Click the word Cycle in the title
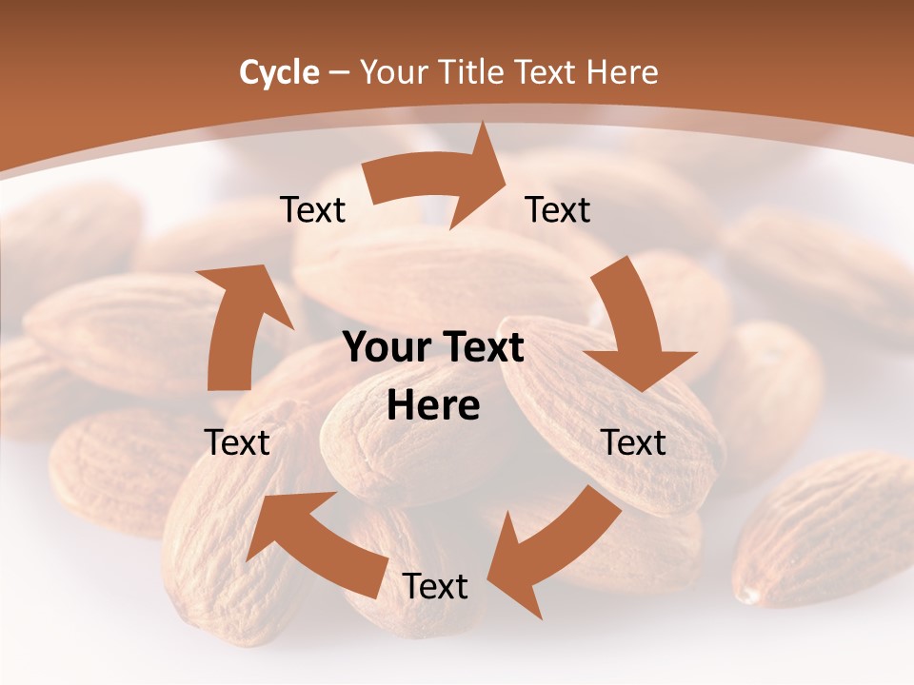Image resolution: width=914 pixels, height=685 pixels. click(x=279, y=72)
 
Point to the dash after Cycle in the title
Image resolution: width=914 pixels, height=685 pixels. click(x=339, y=73)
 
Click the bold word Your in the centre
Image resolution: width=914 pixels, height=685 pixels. click(x=387, y=348)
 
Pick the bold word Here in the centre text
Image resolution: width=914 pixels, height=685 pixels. click(x=433, y=406)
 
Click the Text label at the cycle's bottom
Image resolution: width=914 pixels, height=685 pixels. click(x=435, y=587)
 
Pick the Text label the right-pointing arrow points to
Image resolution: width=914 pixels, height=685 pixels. click(x=558, y=209)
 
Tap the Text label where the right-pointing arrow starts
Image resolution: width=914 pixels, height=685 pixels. click(x=313, y=209)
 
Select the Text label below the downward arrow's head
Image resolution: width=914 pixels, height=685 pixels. click(x=634, y=442)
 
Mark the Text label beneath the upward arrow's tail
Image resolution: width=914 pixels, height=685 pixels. click(x=238, y=442)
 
